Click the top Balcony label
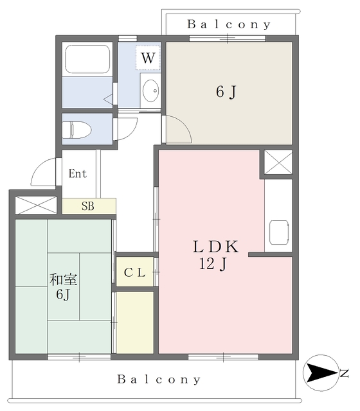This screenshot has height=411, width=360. point(230,24)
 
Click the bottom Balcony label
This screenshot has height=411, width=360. point(159,380)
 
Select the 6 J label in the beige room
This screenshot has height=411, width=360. point(226,92)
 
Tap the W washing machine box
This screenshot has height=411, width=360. point(148,58)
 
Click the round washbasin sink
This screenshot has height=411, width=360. point(151,91)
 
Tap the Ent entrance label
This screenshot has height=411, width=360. point(78,173)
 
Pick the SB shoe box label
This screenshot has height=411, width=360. point(88,206)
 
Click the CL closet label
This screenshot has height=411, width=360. point(135,272)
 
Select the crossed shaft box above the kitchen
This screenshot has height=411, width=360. point(278,163)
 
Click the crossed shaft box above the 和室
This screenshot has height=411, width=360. point(35,205)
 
